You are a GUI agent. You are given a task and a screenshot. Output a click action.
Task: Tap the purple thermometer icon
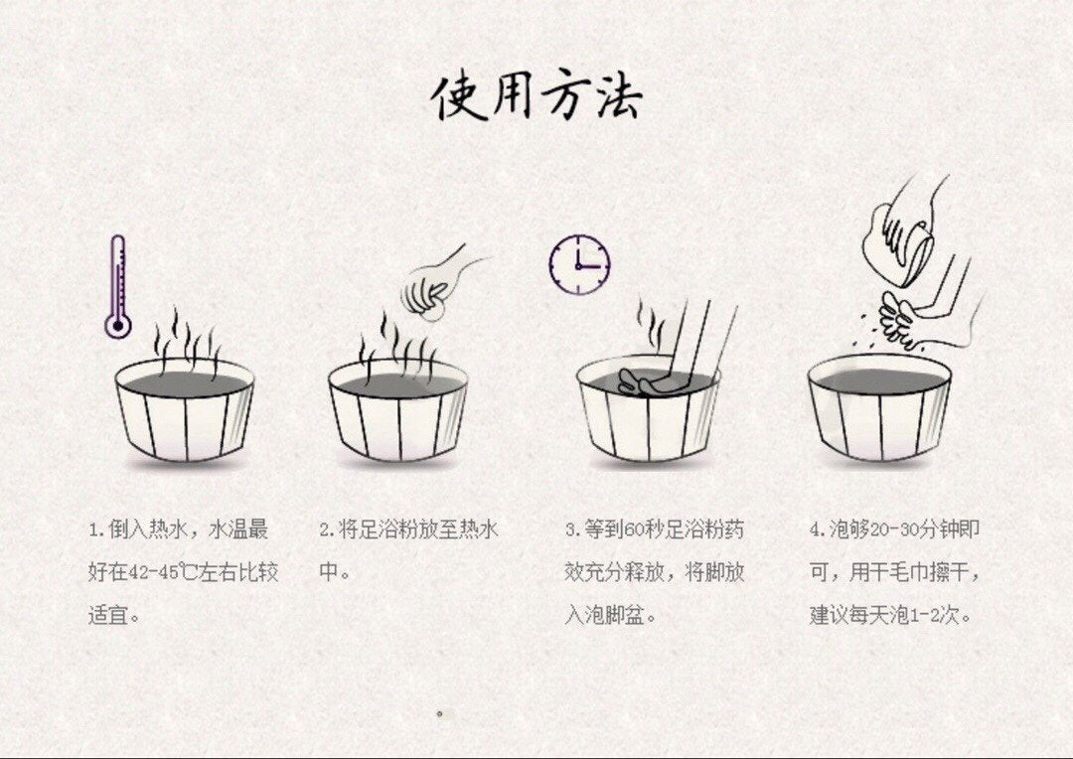pos(117,286)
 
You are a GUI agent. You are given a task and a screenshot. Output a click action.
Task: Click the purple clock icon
pos(579,265)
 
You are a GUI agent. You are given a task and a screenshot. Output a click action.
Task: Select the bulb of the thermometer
pos(117,325)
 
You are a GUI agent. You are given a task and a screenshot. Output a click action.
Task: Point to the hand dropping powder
pos(438,284)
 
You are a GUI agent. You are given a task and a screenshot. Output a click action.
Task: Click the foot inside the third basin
pos(647,381)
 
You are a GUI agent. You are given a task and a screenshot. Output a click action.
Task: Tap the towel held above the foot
pos(903,236)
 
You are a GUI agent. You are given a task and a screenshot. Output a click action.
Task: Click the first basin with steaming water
pos(185,409)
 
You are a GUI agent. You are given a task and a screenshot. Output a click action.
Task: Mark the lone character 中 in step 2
pos(329,572)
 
